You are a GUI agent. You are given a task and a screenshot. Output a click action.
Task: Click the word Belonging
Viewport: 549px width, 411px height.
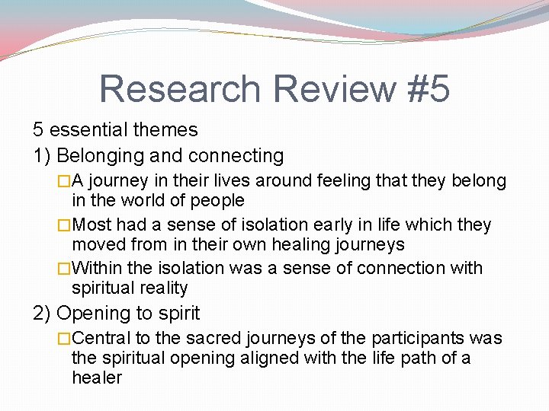(x=101, y=156)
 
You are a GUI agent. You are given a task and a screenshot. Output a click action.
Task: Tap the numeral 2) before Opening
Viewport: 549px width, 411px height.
(x=43, y=313)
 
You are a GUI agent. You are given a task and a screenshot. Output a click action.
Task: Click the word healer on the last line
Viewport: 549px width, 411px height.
(x=97, y=378)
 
